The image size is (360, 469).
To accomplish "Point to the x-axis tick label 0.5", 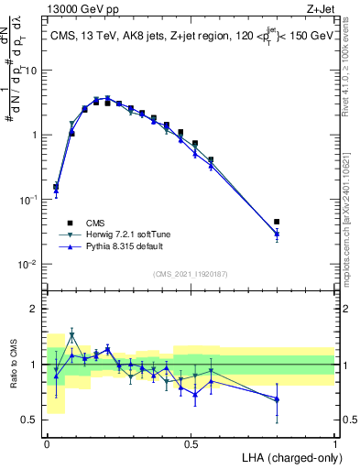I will click(x=191, y=443).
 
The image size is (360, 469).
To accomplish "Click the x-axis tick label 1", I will click(x=335, y=443).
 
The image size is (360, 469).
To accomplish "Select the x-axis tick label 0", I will click(x=47, y=443).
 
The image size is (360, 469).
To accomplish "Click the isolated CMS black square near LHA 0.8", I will click(x=277, y=222).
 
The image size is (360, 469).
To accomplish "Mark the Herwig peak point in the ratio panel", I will click(x=72, y=335).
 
